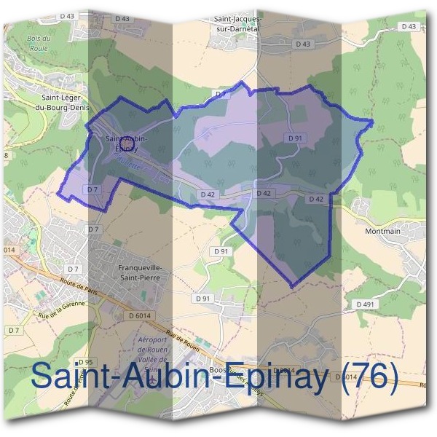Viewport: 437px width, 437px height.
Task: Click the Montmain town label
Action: pos(382,231)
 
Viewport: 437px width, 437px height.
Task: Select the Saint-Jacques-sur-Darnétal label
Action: pos(237,25)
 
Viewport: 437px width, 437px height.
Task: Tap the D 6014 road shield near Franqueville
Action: pos(140,316)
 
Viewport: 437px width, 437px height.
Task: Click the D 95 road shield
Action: pos(85,362)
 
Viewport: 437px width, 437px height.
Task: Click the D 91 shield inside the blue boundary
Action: pos(295,138)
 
